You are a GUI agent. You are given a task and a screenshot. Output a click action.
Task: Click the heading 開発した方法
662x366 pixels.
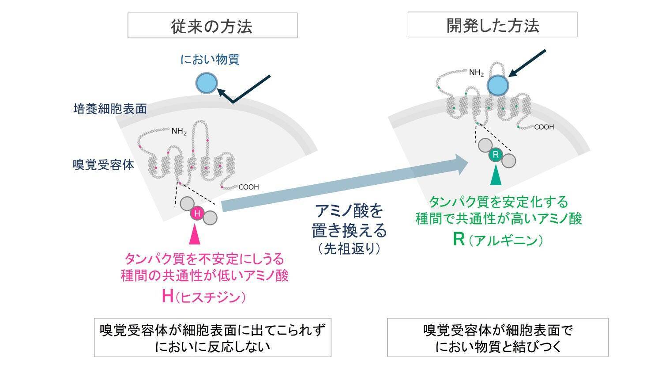coord(492,25)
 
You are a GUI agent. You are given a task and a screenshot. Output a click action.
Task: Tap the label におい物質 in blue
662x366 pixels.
coord(210,59)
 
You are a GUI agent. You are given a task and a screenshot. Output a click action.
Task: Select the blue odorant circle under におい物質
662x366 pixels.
coord(207,83)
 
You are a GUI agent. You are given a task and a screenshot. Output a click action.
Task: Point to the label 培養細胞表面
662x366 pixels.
coord(110,109)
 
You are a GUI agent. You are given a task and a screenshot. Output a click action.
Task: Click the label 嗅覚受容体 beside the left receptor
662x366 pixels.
coord(103,165)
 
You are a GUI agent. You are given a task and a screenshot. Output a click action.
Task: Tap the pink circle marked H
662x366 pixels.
coord(197,214)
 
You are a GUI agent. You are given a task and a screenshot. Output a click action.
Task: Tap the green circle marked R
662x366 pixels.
coord(496,155)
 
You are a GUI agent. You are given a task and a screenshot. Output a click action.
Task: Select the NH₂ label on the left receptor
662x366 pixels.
coord(179,131)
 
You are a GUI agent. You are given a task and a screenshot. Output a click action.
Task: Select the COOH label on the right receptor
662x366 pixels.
coord(544,127)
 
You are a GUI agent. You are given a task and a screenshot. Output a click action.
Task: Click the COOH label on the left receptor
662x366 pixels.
coord(248,187)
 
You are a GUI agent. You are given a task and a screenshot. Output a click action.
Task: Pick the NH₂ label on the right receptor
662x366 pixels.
coord(476,72)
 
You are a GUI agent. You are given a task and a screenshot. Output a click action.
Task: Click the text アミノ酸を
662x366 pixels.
coord(349,210)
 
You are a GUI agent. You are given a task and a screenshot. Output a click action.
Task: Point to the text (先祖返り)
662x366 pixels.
coord(350,249)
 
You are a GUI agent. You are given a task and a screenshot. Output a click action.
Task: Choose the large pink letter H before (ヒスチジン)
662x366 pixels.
coord(167,296)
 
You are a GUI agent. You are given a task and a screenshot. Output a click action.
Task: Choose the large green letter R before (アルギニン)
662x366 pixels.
coord(459,239)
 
